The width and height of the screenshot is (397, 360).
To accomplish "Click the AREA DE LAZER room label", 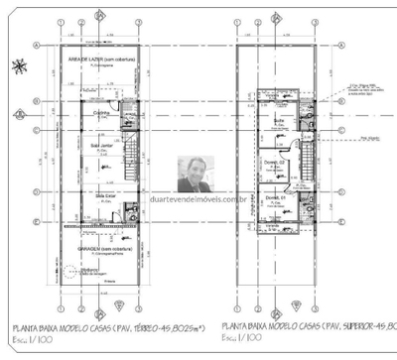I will (100, 60).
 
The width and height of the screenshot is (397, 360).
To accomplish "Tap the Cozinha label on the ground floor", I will (101, 114).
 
